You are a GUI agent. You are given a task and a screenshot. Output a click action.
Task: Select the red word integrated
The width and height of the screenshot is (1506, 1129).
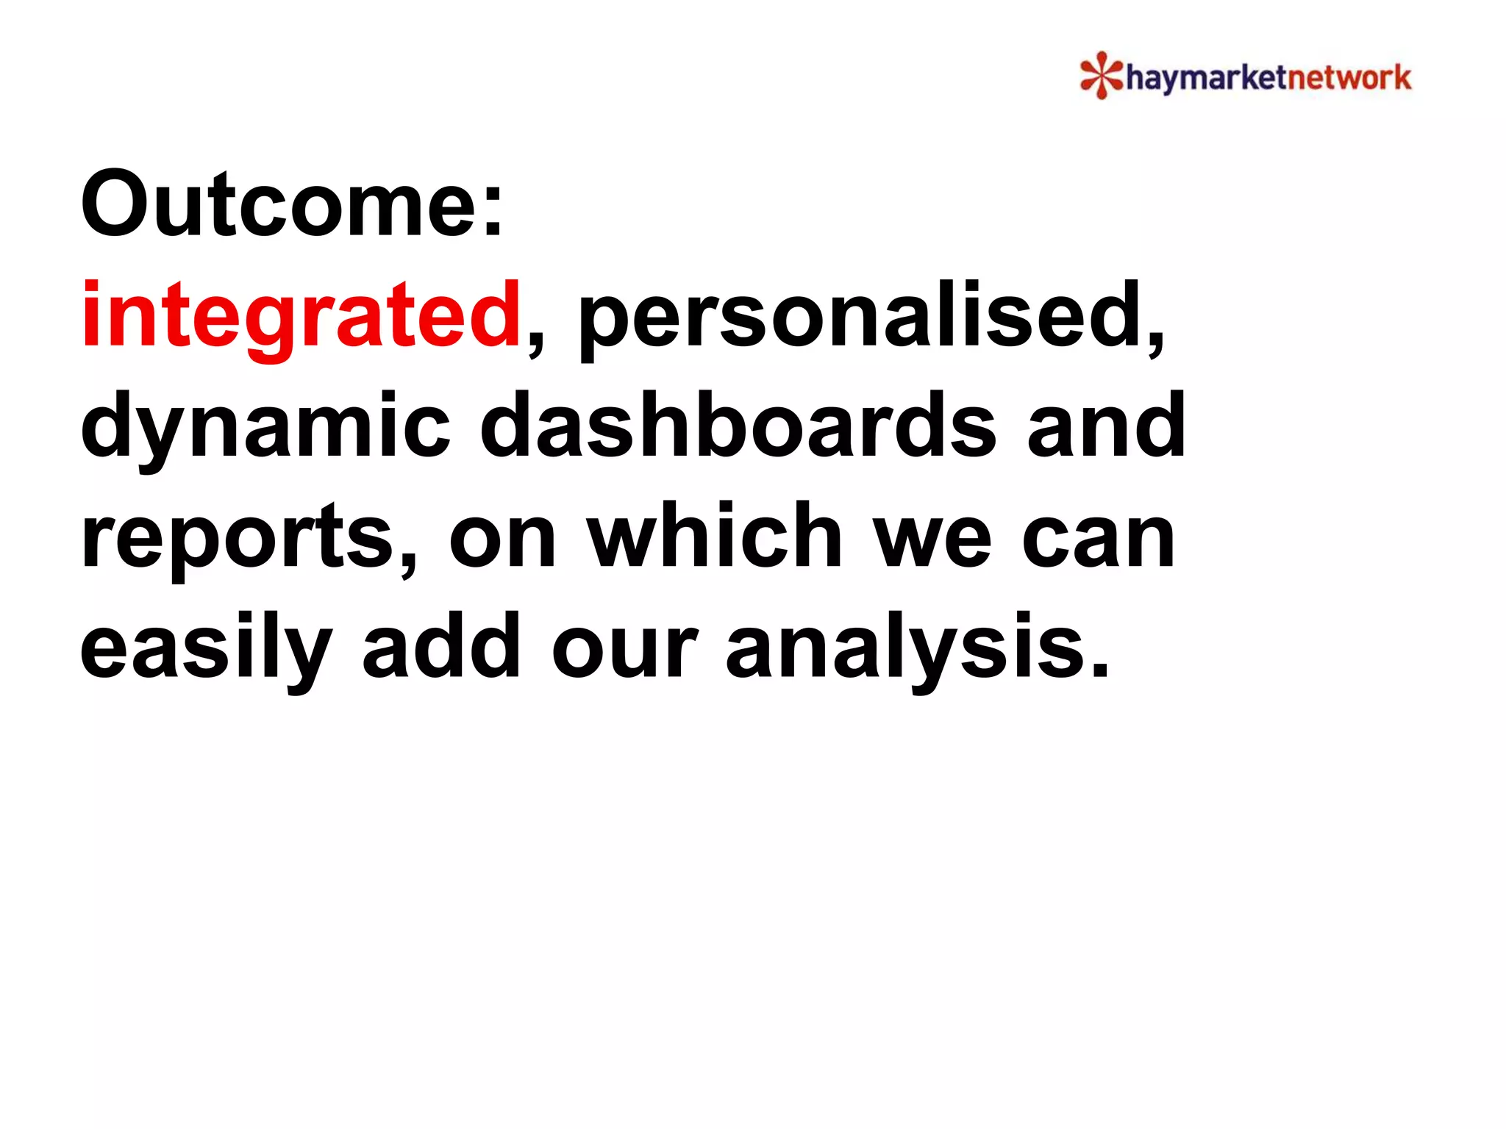pyautogui.click(x=301, y=316)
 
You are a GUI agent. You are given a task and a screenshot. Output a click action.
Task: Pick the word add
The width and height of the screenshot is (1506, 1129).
pyautogui.click(x=441, y=647)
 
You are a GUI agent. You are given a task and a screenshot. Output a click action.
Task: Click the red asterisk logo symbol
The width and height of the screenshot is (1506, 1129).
pyautogui.click(x=1101, y=75)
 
